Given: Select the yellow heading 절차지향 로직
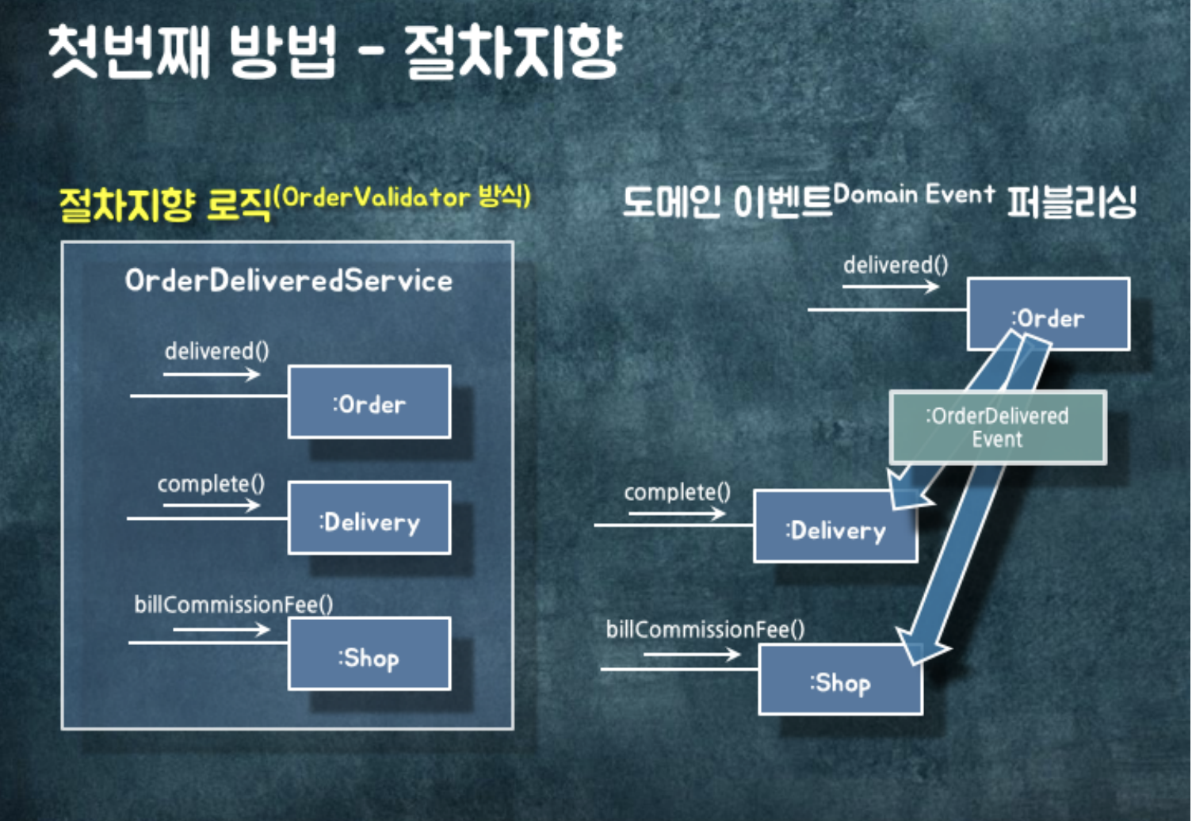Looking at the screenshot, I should coord(164,204).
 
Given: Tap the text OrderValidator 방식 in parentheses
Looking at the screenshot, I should coord(403,197).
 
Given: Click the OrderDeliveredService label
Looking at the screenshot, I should coord(288,281).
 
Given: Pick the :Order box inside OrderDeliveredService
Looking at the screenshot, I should coord(369,403).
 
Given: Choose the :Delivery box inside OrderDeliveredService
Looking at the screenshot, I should coord(369,519).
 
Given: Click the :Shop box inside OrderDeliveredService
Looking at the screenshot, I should coord(369,655).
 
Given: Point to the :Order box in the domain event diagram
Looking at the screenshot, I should coord(1048,315).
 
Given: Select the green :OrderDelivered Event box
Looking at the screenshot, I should coord(997,427).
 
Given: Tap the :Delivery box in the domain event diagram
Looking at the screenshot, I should coord(835,527).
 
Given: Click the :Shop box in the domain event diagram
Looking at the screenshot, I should coord(840,680).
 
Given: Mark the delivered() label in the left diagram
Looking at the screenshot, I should coord(216,350).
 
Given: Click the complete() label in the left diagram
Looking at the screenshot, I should coord(211,483).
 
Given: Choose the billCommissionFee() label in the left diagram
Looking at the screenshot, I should coord(233,605).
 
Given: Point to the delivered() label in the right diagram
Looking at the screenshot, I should coord(895,265).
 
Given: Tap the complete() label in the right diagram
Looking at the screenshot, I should coord(677,492).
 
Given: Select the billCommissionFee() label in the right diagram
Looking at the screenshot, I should coord(705,629).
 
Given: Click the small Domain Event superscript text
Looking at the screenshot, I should coord(913,194).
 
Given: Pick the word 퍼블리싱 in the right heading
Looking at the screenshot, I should coord(1072,203).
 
